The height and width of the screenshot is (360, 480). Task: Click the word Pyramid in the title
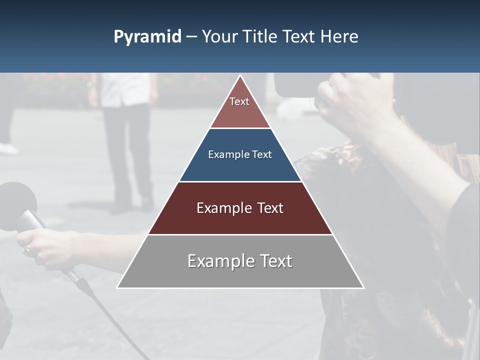(147, 37)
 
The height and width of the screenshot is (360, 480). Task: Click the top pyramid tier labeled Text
(239, 107)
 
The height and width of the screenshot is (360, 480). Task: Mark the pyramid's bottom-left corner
(117, 287)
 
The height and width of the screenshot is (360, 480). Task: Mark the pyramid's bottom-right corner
(363, 287)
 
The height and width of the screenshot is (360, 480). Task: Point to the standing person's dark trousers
(127, 150)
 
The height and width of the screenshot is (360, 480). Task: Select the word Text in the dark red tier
(269, 208)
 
